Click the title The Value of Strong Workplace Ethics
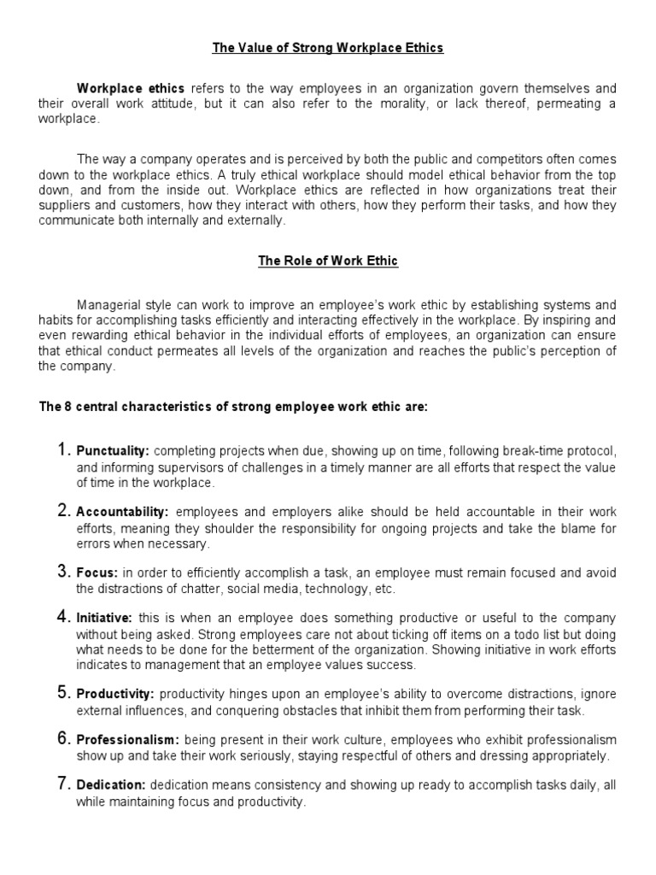click(328, 48)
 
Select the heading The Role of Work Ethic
click(328, 261)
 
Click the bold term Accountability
click(123, 512)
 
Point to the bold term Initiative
click(104, 618)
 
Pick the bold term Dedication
click(112, 785)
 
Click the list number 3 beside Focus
click(63, 572)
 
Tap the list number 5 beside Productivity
click(63, 693)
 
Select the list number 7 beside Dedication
click(63, 784)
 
